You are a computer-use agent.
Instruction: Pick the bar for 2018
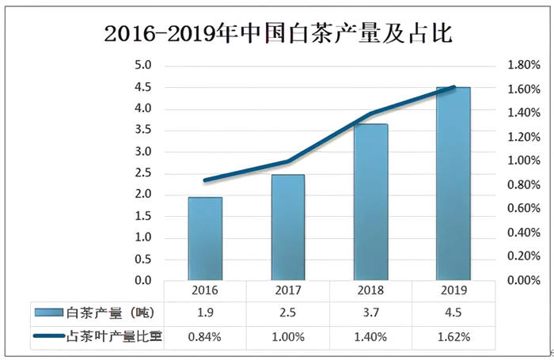pyautogui.click(x=370, y=203)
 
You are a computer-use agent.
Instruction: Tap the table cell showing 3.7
pyautogui.click(x=370, y=314)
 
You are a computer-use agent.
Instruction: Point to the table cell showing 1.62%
pyautogui.click(x=453, y=337)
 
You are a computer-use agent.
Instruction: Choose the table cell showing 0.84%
pyautogui.click(x=205, y=337)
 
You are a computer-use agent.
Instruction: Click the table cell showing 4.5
pyautogui.click(x=453, y=314)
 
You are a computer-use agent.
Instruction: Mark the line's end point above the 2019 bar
pyautogui.click(x=453, y=87)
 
